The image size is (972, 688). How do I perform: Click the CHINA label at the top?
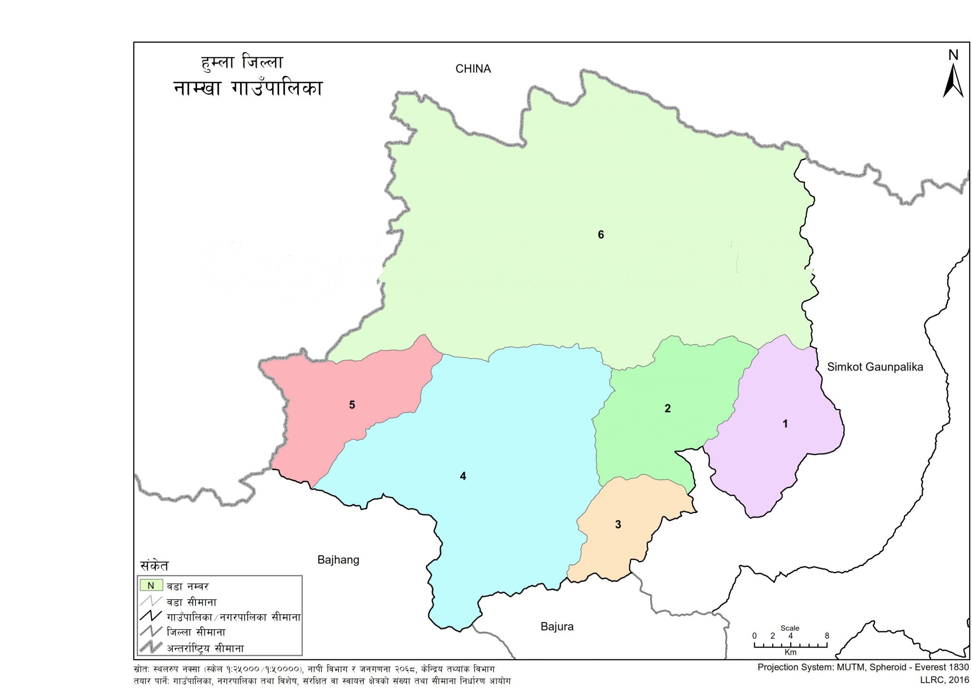pos(473,69)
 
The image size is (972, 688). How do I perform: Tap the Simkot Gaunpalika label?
pos(875,367)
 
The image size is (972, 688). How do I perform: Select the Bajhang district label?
pos(338,560)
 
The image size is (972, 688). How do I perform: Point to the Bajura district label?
pos(557,627)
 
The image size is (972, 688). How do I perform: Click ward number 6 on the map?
pos(600,234)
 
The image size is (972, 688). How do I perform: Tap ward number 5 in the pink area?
pos(352,405)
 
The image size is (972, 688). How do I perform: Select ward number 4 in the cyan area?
pos(463,476)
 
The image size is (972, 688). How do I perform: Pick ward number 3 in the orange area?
pos(617,524)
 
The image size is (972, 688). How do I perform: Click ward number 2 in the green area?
pos(667,408)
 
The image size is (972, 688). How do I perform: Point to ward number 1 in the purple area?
pos(785,424)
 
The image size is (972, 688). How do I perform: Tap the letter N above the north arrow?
pos(953,55)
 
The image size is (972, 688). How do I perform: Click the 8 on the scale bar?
pos(826,636)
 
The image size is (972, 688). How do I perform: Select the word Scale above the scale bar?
pos(790,628)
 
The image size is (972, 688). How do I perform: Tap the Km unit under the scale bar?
pos(790,652)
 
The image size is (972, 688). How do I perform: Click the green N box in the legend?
pos(151,586)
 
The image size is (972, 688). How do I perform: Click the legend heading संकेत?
pos(154,566)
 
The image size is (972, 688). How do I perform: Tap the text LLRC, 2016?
pos(944,680)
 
